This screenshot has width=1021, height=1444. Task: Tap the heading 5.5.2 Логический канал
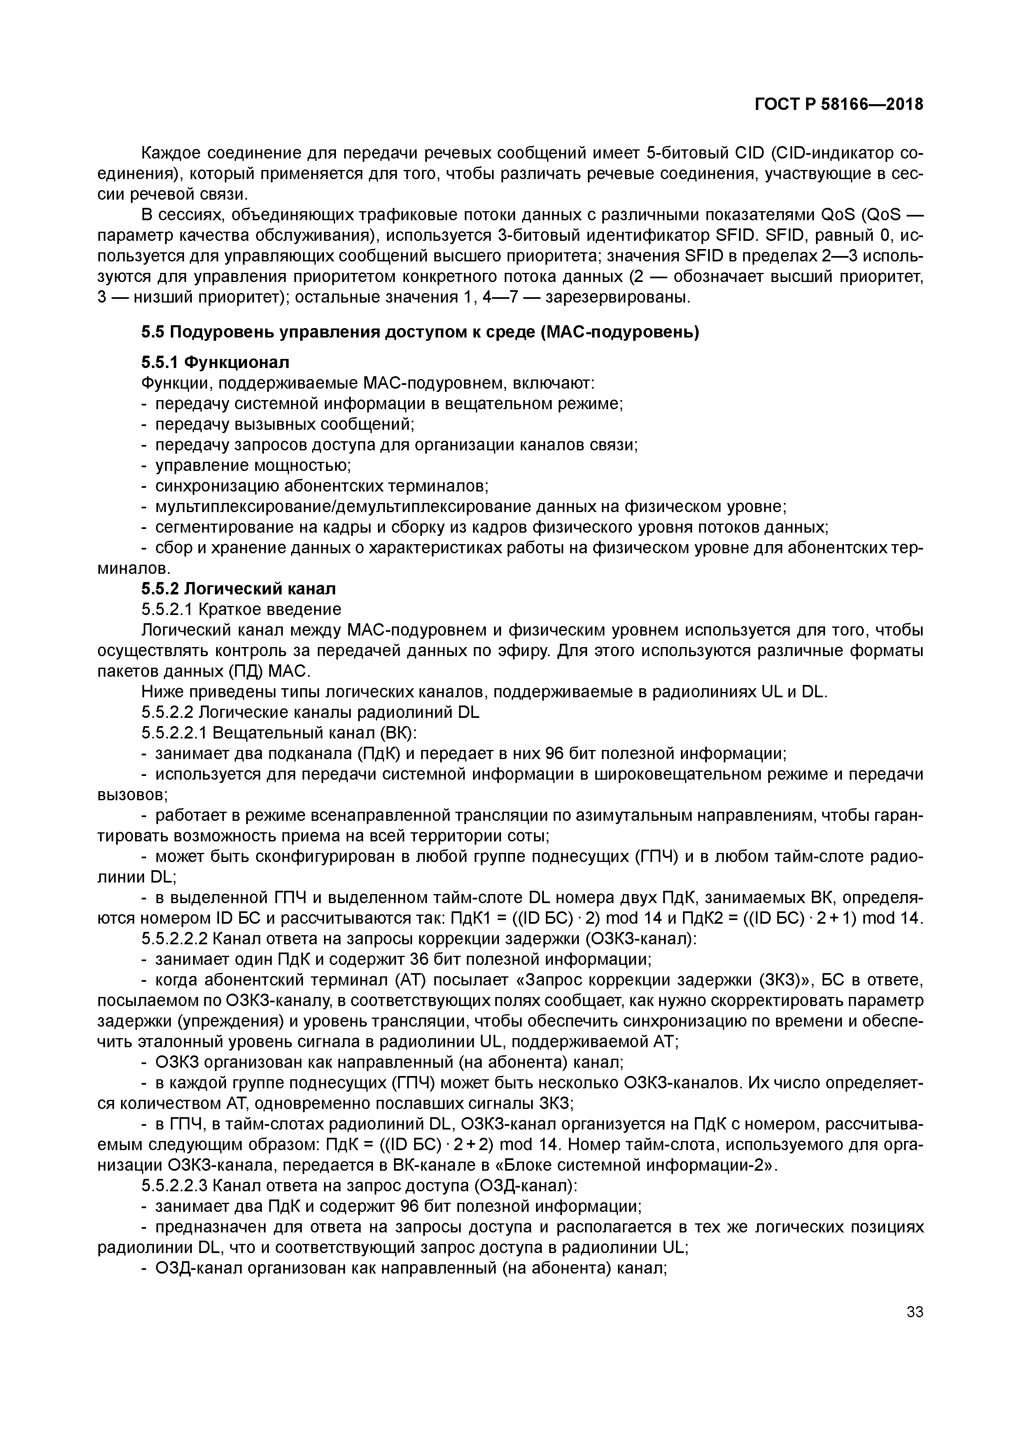pos(238,589)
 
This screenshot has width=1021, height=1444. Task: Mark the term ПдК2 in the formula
pos(686,919)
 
